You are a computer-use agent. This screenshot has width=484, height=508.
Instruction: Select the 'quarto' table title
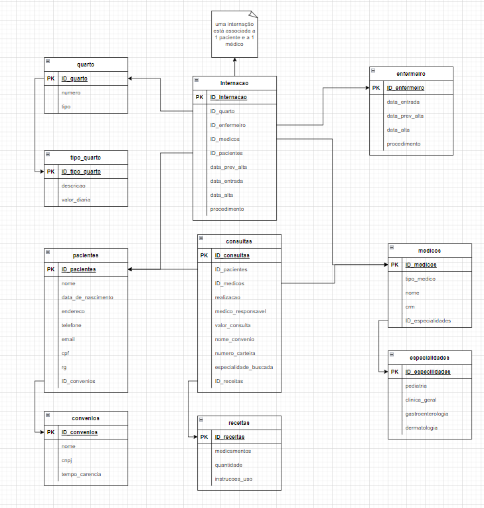pos(86,64)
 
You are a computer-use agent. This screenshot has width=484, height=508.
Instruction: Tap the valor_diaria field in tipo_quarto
pos(76,199)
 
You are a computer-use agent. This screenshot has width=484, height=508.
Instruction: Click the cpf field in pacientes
pos(65,353)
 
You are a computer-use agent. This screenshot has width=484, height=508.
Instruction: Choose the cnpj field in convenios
pos(68,460)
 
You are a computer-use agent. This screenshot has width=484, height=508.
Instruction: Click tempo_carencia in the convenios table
pos(81,474)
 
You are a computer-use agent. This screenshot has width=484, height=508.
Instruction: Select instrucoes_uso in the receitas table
pos(233,479)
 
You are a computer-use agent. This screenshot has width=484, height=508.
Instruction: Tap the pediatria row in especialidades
pos(416,386)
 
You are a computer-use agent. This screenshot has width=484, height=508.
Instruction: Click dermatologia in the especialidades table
pos(421,428)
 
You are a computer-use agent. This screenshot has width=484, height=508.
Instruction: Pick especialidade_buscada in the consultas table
pos(244,367)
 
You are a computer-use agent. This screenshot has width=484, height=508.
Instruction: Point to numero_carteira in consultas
pos(234,353)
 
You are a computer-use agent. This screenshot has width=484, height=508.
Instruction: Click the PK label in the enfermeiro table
pos(376,88)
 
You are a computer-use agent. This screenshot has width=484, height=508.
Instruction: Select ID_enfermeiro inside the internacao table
pos(228,125)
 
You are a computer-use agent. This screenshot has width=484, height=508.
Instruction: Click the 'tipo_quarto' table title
pos(86,157)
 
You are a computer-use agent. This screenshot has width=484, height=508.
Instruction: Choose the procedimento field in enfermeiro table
pos(403,144)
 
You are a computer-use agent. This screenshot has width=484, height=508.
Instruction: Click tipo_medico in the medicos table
pos(420,279)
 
